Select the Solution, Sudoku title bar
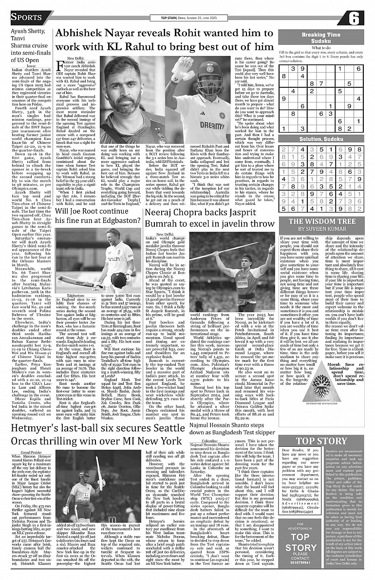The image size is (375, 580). (320, 139)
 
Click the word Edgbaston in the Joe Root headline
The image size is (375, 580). (119, 220)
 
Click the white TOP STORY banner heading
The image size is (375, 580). (321, 441)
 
